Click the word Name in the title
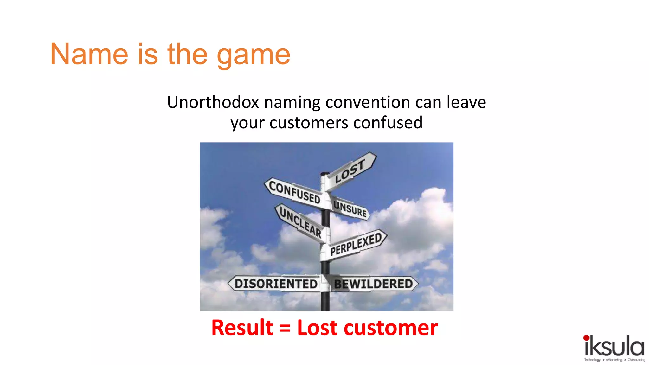(89, 54)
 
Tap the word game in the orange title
(254, 56)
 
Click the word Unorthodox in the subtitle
(213, 102)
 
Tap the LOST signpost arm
(350, 171)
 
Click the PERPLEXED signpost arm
(356, 244)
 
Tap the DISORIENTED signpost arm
(275, 284)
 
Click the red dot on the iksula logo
(586, 338)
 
